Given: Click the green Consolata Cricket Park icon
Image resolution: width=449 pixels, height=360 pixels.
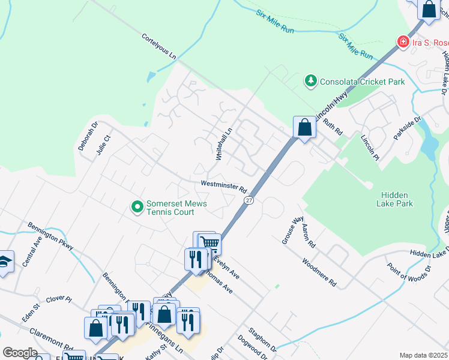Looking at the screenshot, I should (310, 80).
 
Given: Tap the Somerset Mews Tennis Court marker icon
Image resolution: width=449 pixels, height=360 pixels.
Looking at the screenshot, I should (137, 208).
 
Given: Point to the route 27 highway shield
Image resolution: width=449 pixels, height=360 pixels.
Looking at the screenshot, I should (249, 200).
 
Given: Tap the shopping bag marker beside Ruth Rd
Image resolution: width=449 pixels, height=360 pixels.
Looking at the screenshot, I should (304, 127).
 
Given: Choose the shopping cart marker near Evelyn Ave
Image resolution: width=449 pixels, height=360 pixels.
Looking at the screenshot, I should (209, 243).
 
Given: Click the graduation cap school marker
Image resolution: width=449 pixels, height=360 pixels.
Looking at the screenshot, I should (5, 262).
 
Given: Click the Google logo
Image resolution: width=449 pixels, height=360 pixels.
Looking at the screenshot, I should (20, 353).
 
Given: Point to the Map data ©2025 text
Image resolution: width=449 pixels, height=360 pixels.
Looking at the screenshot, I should (423, 355).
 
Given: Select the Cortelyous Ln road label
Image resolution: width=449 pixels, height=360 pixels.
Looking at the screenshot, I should (159, 46).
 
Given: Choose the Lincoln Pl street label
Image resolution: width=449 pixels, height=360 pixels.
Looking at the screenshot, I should (370, 148).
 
